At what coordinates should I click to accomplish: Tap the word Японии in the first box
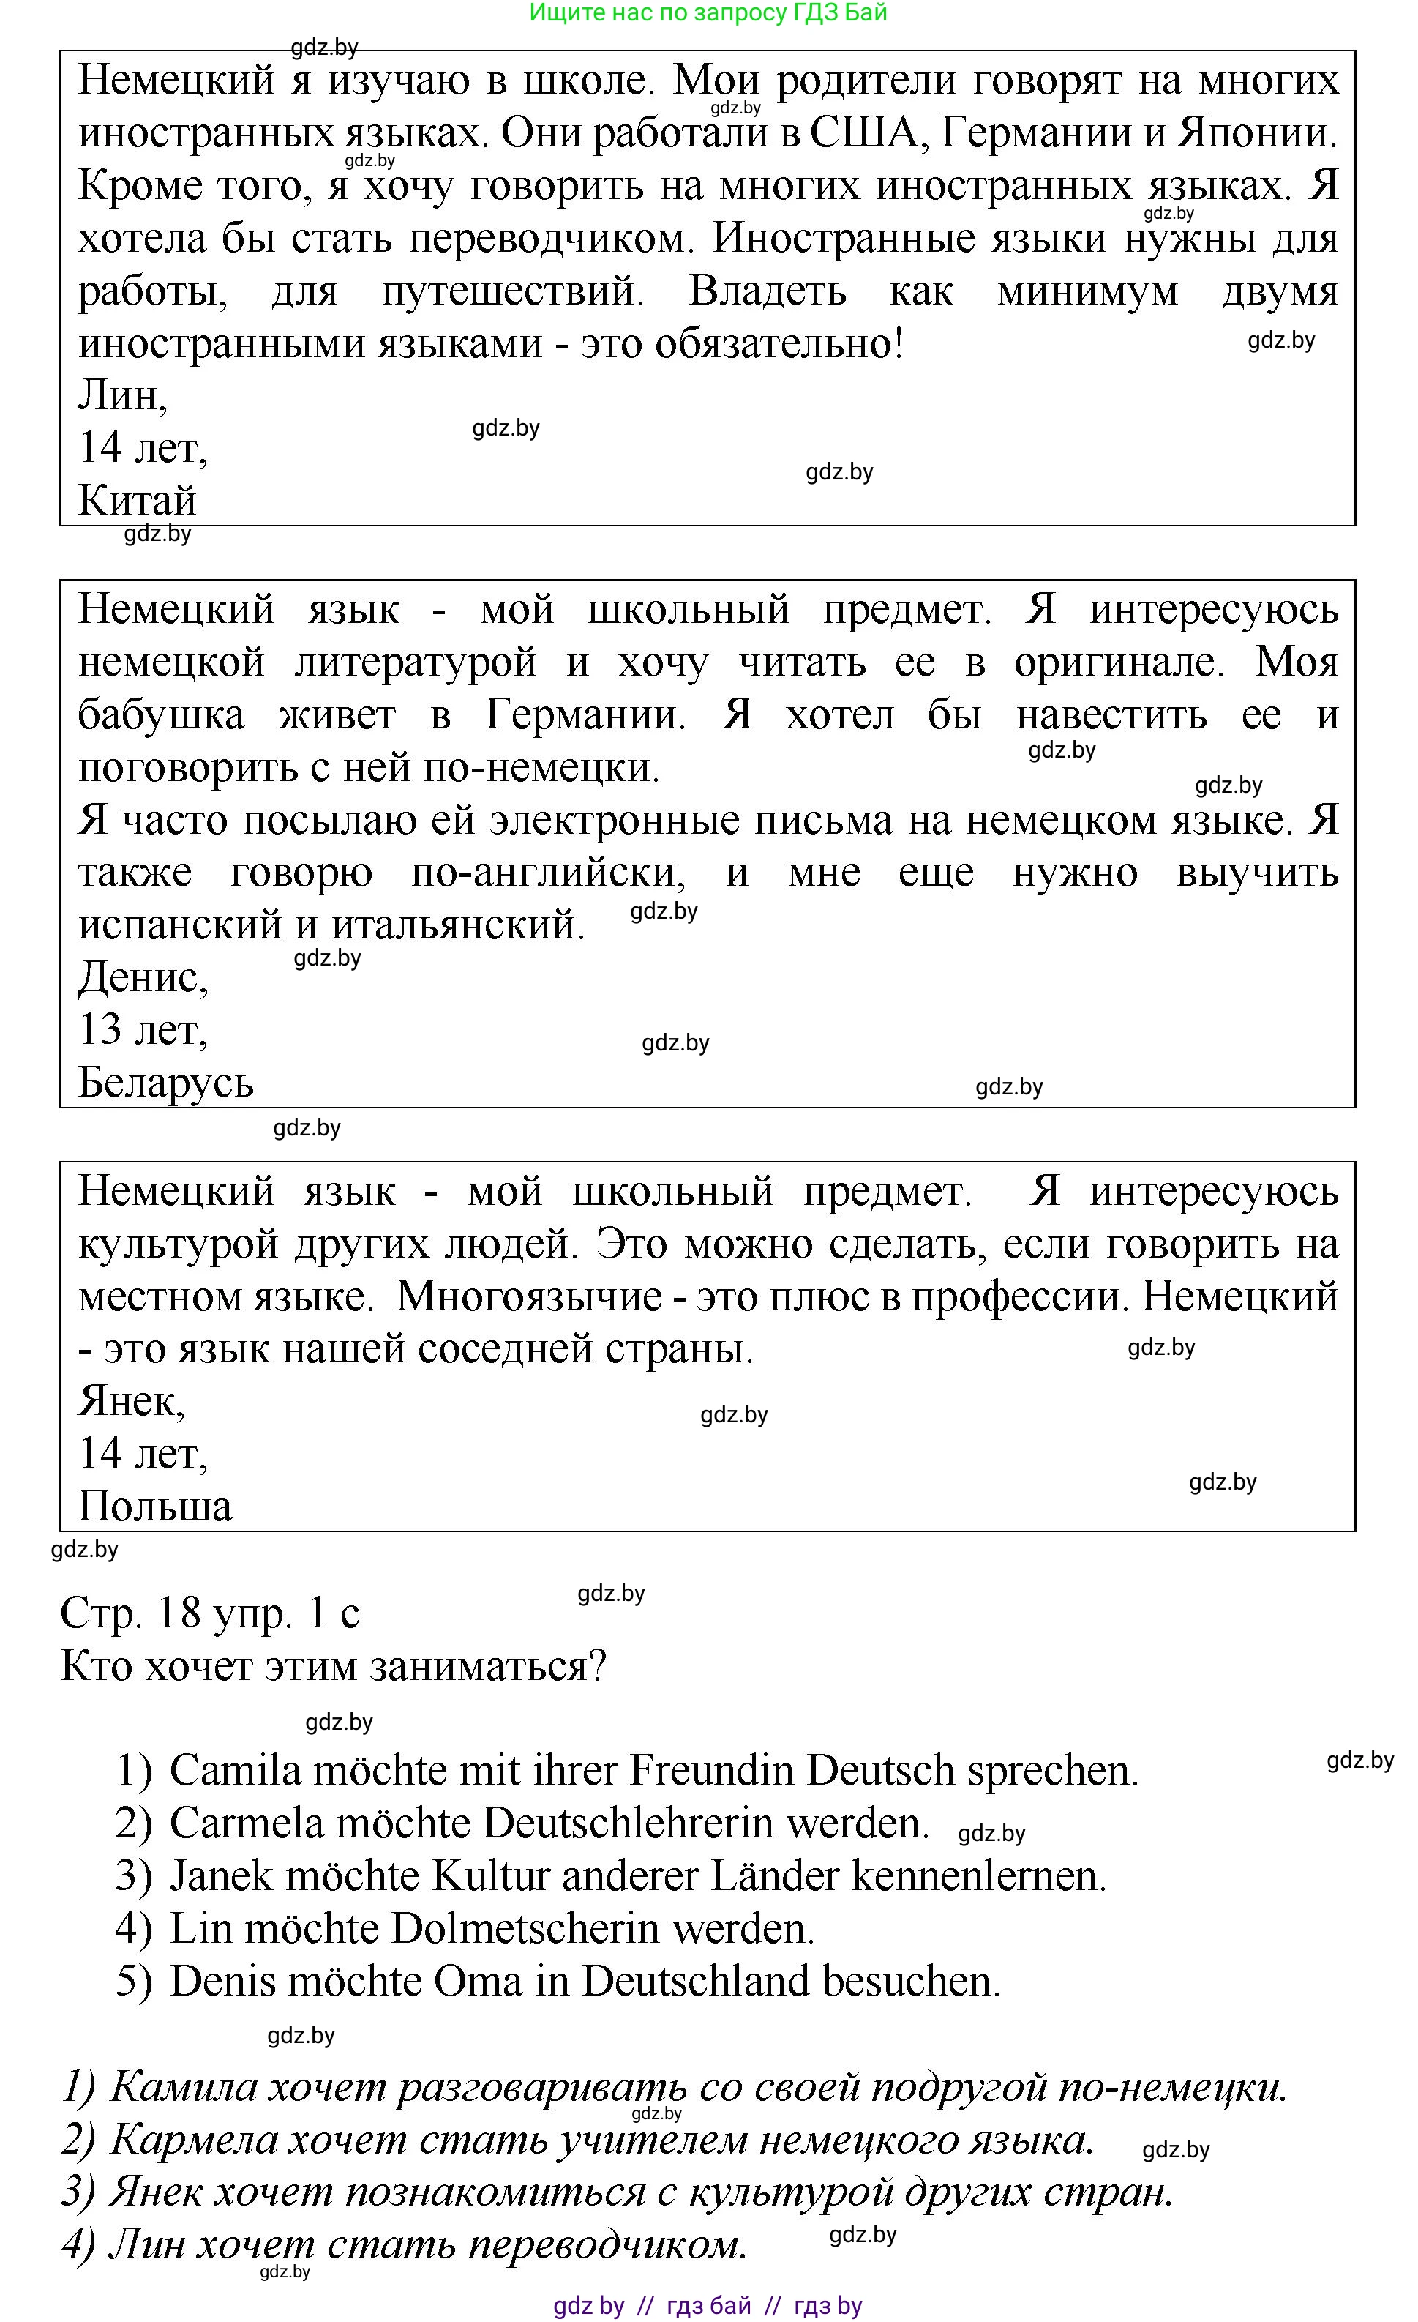click(x=1257, y=133)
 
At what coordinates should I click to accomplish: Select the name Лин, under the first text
click(x=122, y=396)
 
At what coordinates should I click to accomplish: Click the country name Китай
click(x=137, y=501)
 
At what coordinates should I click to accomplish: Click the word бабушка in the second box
click(x=161, y=715)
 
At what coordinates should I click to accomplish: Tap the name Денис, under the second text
click(x=142, y=977)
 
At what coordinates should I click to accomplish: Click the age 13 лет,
click(x=142, y=1029)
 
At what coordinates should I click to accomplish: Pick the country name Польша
click(x=154, y=1507)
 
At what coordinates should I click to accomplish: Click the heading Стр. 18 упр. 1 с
click(x=209, y=1613)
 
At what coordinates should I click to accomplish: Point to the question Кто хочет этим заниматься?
click(x=333, y=1666)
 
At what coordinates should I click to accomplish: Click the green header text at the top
click(x=708, y=12)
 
